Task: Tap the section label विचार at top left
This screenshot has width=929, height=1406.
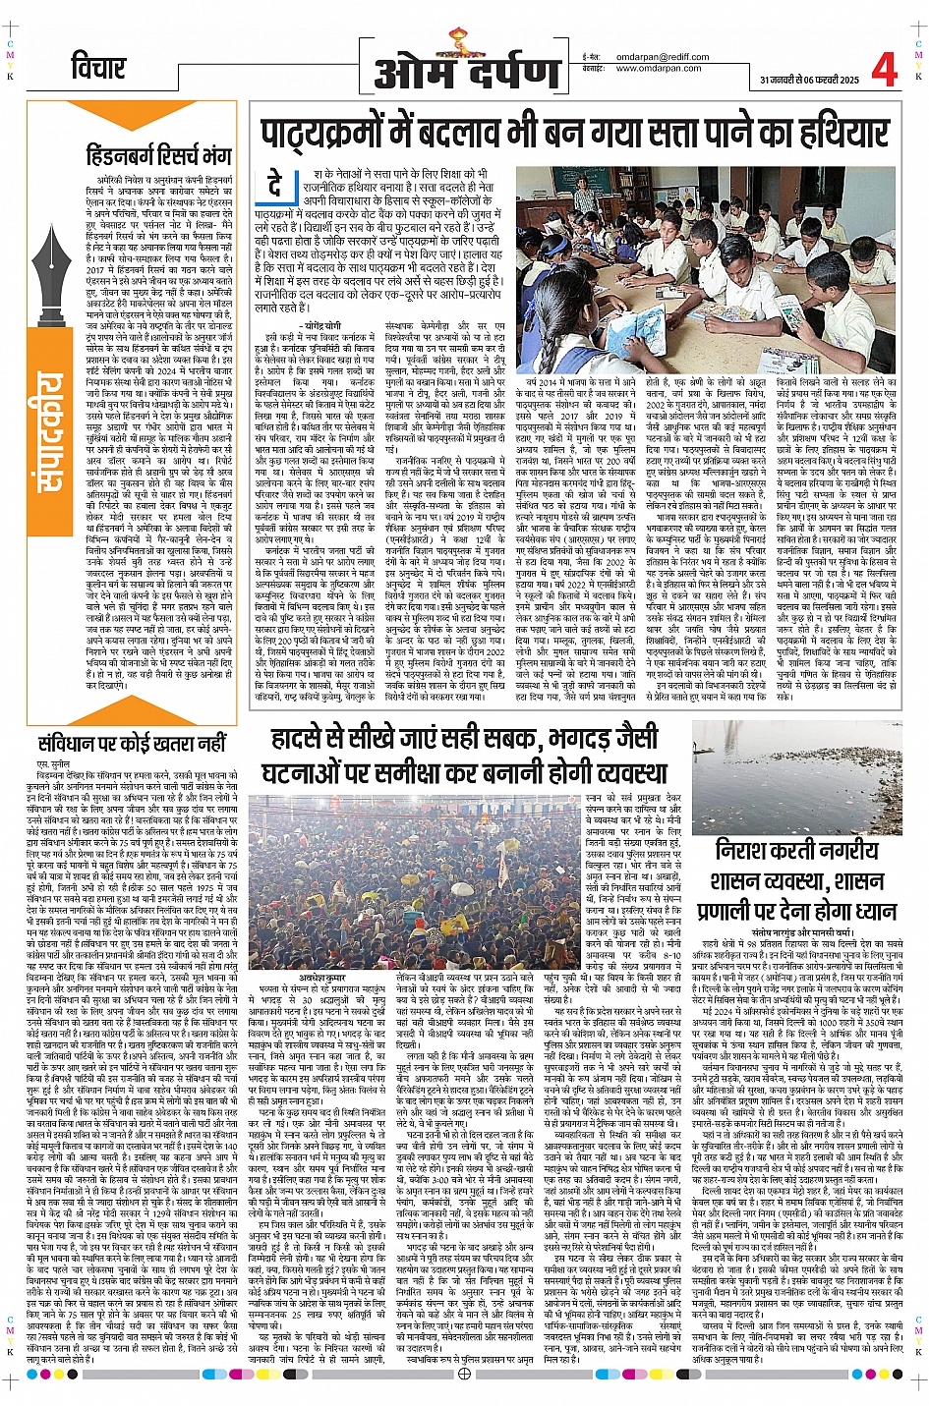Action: tap(98, 69)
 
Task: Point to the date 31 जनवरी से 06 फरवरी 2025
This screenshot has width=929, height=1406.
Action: tap(808, 80)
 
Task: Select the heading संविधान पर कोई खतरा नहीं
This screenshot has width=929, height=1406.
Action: tap(132, 743)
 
